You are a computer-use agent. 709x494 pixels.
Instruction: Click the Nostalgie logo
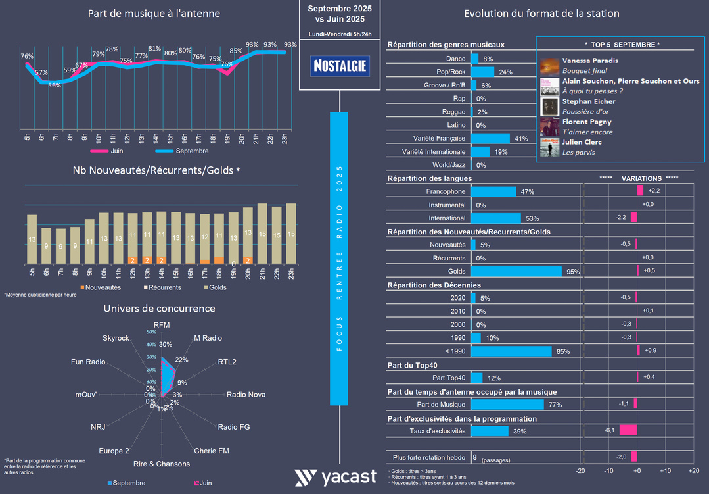339,66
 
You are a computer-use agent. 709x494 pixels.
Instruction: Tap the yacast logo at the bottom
335,478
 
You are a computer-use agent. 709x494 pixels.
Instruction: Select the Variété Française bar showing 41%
490,139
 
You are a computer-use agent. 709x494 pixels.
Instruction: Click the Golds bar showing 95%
516,271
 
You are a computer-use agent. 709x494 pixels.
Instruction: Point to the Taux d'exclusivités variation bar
628,430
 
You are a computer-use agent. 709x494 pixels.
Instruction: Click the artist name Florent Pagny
587,122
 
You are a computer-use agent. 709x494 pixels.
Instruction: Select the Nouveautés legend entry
100,287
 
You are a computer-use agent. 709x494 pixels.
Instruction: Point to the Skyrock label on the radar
116,337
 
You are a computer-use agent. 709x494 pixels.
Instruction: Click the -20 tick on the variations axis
581,471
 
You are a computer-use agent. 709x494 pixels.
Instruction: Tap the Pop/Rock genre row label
451,72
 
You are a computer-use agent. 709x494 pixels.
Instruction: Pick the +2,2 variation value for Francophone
654,190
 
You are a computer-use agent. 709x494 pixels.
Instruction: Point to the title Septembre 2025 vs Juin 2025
339,14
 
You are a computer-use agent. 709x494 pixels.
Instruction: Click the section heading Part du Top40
413,365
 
